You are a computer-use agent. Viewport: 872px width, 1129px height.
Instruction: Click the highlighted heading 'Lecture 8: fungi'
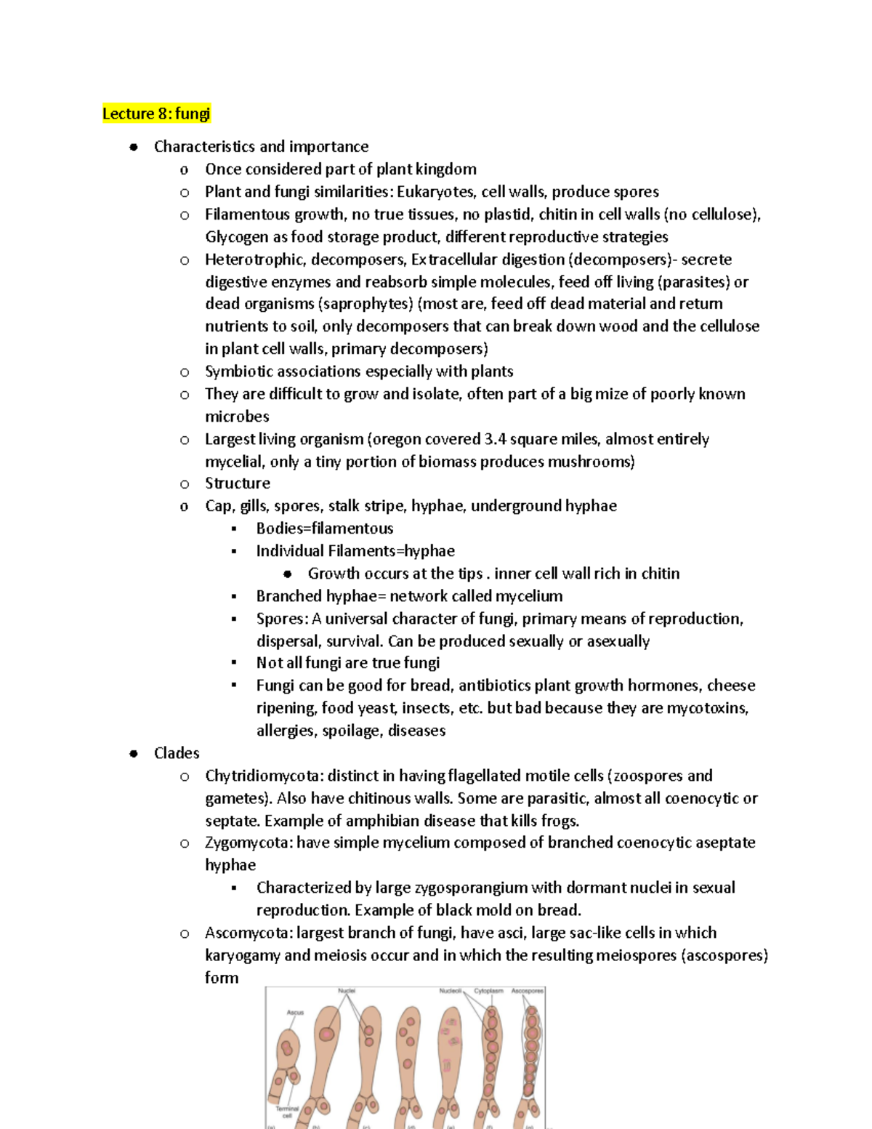156,113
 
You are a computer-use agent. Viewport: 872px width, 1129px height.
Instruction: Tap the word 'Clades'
177,753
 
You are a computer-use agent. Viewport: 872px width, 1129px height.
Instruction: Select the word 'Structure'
238,483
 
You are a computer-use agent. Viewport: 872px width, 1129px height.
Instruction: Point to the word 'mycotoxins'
707,708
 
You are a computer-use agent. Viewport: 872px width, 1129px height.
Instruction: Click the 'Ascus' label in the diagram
295,1012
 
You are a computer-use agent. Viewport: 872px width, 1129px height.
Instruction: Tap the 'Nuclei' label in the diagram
347,991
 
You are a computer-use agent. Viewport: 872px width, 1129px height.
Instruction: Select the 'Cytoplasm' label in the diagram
488,991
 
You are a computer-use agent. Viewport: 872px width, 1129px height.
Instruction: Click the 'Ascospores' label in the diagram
527,991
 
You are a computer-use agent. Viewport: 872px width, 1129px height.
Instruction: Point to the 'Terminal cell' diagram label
288,1112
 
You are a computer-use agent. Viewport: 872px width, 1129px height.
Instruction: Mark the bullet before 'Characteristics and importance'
134,147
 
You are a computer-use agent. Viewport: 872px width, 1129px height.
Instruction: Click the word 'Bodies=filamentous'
325,529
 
